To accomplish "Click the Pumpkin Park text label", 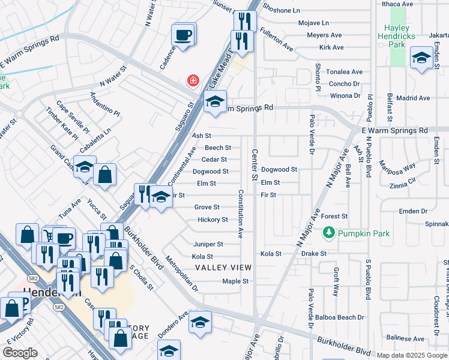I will point(363,233).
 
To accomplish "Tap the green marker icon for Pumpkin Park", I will point(328,232).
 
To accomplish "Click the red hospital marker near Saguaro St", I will point(193,80).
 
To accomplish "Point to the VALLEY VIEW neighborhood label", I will point(223,267).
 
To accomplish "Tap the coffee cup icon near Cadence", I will point(183,34).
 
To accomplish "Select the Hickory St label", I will point(212,220).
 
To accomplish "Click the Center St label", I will point(255,165).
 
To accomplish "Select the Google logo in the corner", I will point(20,353).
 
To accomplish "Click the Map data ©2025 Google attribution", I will point(412,355).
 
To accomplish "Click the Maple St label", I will point(235,281).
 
